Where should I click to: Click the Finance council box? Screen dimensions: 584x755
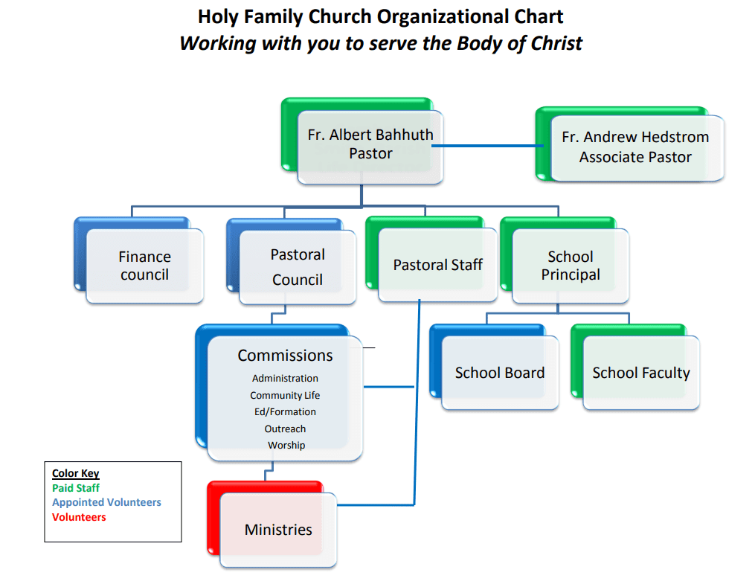(144, 266)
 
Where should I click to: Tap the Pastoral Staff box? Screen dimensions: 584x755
(437, 265)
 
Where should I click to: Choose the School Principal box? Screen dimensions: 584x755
(571, 266)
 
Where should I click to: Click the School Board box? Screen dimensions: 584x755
(500, 373)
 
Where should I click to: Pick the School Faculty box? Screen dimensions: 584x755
(641, 373)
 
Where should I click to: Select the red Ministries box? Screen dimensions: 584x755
(278, 530)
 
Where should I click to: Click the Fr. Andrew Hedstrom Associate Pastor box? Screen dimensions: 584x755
(635, 147)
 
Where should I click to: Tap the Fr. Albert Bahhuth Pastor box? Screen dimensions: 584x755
(370, 144)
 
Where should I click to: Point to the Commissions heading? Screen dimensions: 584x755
(285, 356)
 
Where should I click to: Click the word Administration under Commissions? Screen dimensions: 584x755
(285, 379)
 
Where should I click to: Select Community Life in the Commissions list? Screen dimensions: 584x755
(285, 396)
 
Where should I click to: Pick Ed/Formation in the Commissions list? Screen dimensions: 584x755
(285, 412)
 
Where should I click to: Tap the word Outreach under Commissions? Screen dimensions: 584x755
(285, 429)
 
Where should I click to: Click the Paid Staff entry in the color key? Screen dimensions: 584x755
(76, 489)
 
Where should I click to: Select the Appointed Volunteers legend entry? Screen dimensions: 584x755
(106, 503)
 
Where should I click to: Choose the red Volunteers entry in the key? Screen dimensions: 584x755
(79, 517)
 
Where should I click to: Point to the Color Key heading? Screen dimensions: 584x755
(75, 474)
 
